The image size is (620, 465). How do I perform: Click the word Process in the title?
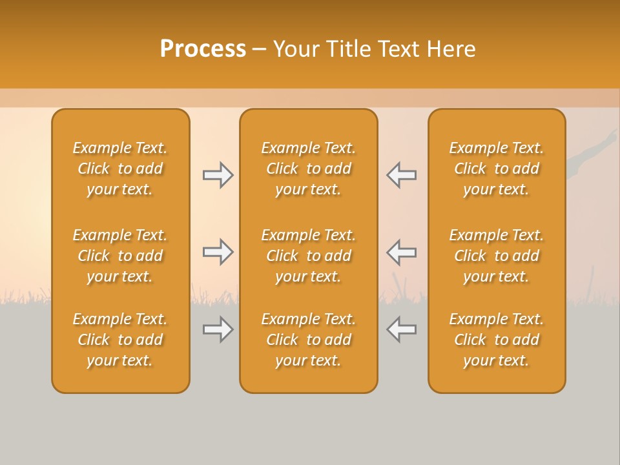click(x=203, y=49)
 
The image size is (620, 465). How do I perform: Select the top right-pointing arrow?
click(x=218, y=175)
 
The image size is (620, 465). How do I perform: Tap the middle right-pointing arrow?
click(x=218, y=252)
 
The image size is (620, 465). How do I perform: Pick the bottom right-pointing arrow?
click(x=218, y=329)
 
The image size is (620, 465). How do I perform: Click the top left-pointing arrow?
click(x=402, y=175)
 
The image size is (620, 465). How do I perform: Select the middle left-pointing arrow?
click(x=402, y=252)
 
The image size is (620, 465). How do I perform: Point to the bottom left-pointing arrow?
click(x=402, y=329)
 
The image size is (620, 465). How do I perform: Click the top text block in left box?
click(x=120, y=169)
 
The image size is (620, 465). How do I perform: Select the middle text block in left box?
click(x=120, y=256)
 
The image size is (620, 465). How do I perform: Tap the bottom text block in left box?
click(x=120, y=340)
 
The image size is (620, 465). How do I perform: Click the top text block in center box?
click(x=308, y=169)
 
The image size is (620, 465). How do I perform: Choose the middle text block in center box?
click(x=308, y=256)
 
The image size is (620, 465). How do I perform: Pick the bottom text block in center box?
click(x=308, y=340)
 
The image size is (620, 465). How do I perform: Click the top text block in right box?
click(x=497, y=169)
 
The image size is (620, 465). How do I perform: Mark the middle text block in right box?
click(x=497, y=256)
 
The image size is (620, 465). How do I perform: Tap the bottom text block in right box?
click(x=497, y=340)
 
